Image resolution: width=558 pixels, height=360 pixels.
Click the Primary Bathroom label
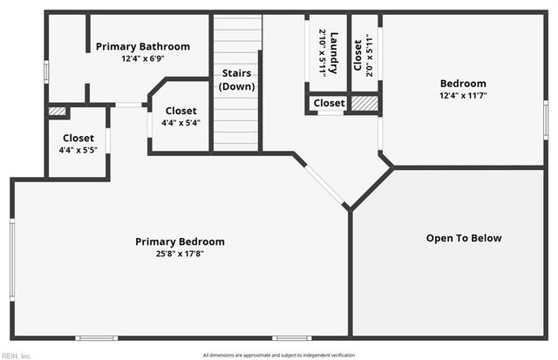coord(142,46)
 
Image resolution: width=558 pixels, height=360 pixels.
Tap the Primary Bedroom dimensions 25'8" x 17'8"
coord(180,254)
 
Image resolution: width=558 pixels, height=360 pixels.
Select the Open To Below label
coord(464,238)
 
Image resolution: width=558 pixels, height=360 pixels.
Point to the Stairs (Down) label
coord(236,80)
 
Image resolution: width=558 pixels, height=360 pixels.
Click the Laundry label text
coord(334,53)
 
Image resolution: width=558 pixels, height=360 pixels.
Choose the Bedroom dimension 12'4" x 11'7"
coord(464,96)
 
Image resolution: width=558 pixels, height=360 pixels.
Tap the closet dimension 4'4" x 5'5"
coord(78,150)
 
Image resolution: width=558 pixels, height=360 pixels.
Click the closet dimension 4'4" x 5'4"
coord(180,123)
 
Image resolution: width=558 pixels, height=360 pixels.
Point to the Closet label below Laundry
coord(329,103)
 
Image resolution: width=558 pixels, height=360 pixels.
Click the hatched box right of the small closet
coord(364,103)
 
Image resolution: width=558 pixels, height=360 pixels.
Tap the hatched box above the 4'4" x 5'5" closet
coord(58,112)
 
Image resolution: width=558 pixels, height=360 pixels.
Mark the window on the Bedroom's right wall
coord(546,119)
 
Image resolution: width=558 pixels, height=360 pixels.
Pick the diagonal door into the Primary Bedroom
coord(324,183)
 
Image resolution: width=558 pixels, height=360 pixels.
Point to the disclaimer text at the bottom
coord(279,355)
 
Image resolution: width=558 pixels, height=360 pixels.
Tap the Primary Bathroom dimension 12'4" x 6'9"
coord(142,58)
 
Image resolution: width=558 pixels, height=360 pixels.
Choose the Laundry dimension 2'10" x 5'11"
coord(323,53)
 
